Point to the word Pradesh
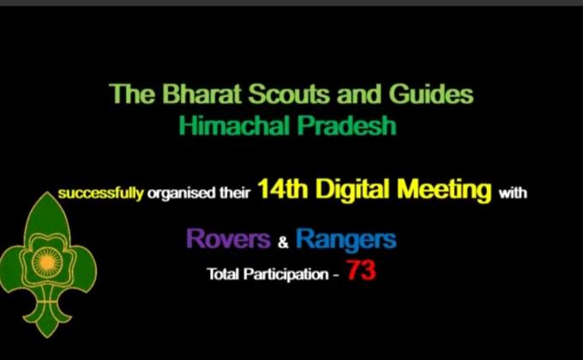[x=347, y=125]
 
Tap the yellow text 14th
[x=284, y=190]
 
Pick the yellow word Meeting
[x=444, y=190]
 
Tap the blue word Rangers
[x=346, y=239]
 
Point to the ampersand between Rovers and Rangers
[x=284, y=242]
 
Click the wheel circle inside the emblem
[x=42, y=256]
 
